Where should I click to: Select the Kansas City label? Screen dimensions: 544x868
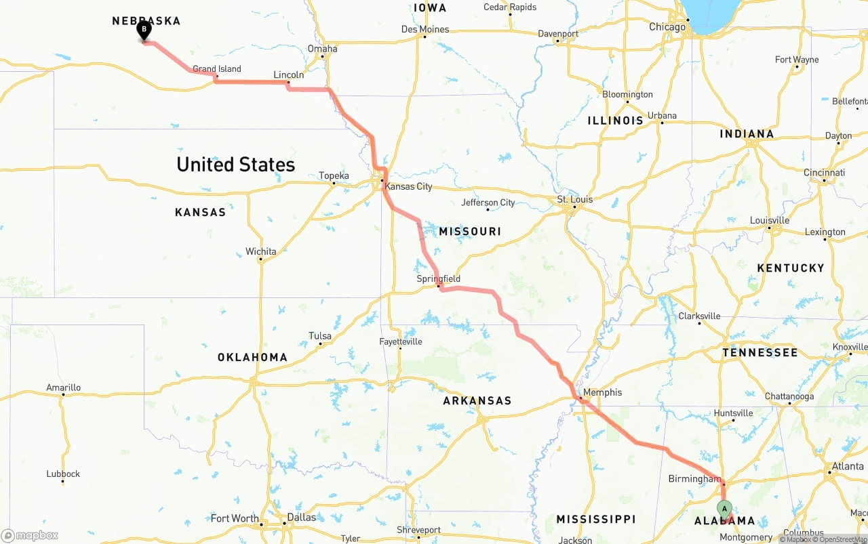(x=408, y=186)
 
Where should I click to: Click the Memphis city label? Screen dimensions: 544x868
(x=602, y=392)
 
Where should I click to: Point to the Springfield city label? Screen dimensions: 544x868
(x=438, y=278)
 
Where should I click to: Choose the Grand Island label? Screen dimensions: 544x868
(x=217, y=68)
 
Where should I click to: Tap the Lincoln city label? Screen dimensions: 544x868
(x=289, y=75)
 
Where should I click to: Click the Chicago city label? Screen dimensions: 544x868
(x=667, y=27)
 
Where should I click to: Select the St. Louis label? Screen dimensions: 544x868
(x=575, y=199)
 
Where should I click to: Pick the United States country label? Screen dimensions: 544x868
(x=235, y=165)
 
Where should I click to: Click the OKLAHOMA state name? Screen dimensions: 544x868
(x=252, y=357)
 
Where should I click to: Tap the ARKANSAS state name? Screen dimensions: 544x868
(x=477, y=400)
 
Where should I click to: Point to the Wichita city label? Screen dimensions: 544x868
(x=261, y=251)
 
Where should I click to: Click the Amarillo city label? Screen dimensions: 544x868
(x=63, y=388)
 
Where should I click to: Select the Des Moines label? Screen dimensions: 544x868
(x=425, y=29)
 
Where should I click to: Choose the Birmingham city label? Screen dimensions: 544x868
(x=694, y=479)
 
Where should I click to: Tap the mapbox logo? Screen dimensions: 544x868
(x=30, y=535)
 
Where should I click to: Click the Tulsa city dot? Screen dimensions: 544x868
(x=320, y=344)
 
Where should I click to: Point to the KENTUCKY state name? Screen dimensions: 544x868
(x=791, y=268)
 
